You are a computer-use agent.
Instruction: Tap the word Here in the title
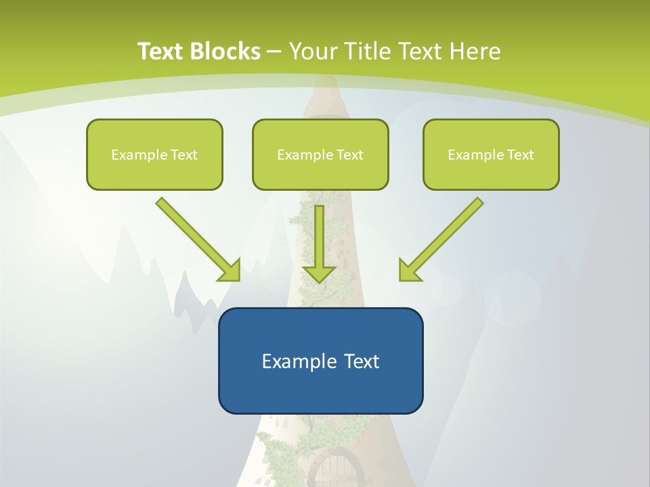pos(477,51)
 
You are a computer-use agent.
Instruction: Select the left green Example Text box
pos(154,154)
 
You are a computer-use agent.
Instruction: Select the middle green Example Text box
pos(320,154)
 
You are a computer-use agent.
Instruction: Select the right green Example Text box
pos(491,154)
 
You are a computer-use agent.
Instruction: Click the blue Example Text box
pos(320,361)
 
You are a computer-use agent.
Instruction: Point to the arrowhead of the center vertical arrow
pos(319,274)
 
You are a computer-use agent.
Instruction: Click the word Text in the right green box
pos(520,155)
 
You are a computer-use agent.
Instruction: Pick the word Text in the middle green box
pos(349,155)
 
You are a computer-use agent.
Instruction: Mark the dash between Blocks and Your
pos(274,52)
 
